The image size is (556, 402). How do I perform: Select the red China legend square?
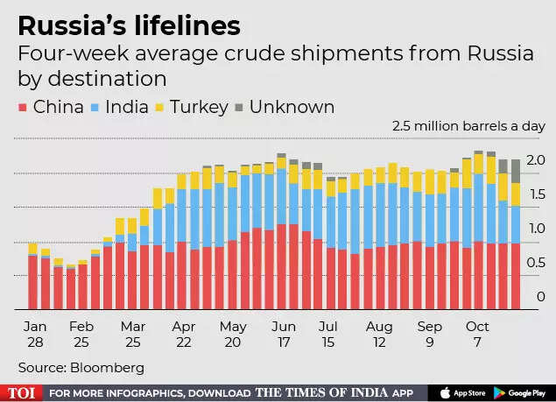tap(24, 108)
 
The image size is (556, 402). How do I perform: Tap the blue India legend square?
tap(98, 108)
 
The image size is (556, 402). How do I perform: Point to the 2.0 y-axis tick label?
tap(536, 159)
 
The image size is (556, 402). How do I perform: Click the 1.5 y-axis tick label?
tap(536, 194)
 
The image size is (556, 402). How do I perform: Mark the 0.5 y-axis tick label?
tap(536, 262)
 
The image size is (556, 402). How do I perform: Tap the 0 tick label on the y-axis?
tap(540, 296)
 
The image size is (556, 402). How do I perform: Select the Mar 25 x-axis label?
tap(133, 332)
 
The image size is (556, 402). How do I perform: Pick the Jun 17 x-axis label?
tap(283, 332)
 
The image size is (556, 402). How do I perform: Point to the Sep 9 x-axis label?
tap(430, 332)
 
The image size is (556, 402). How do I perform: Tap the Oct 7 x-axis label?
tap(478, 332)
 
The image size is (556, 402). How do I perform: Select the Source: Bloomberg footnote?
tap(81, 367)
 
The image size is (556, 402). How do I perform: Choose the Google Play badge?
tap(522, 392)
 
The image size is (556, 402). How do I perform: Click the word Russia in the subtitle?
tap(489, 53)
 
